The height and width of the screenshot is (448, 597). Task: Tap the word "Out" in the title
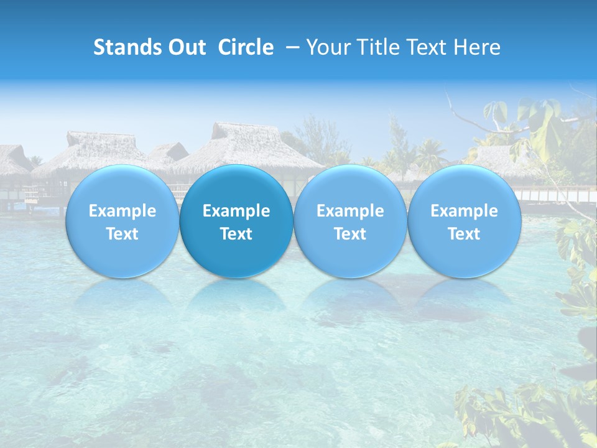pyautogui.click(x=185, y=47)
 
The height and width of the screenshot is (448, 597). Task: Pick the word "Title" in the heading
pyautogui.click(x=379, y=47)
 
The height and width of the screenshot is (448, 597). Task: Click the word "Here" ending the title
pyautogui.click(x=477, y=47)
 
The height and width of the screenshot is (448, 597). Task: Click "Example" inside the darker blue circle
pyautogui.click(x=236, y=211)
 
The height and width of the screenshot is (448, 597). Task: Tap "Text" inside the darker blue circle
pyautogui.click(x=236, y=234)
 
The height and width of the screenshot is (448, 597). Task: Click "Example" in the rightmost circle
pyautogui.click(x=465, y=211)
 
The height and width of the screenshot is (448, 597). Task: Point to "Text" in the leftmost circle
pyautogui.click(x=123, y=234)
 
